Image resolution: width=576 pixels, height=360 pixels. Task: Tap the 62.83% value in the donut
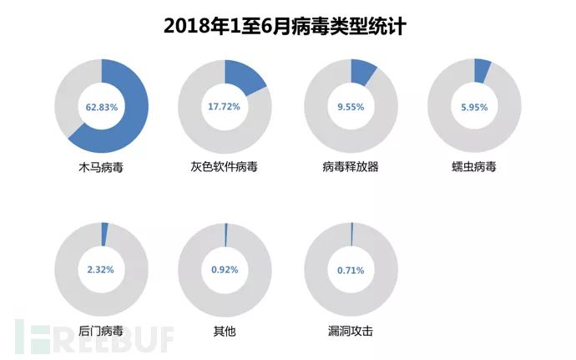tap(102, 107)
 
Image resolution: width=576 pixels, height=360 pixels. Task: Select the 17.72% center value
tap(225, 107)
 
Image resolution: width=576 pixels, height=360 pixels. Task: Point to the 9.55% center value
tap(351, 107)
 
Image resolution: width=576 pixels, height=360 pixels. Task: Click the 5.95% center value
tap(473, 107)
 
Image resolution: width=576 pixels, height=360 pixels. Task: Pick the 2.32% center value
tap(102, 270)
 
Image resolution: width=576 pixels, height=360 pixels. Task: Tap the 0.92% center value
tap(225, 270)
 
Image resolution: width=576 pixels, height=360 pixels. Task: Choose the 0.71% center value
tap(351, 270)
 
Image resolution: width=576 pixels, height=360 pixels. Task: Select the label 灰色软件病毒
tap(224, 167)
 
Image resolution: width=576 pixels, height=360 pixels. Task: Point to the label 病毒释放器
tap(351, 167)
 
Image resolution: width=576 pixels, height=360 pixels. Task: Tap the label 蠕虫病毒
tap(473, 167)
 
